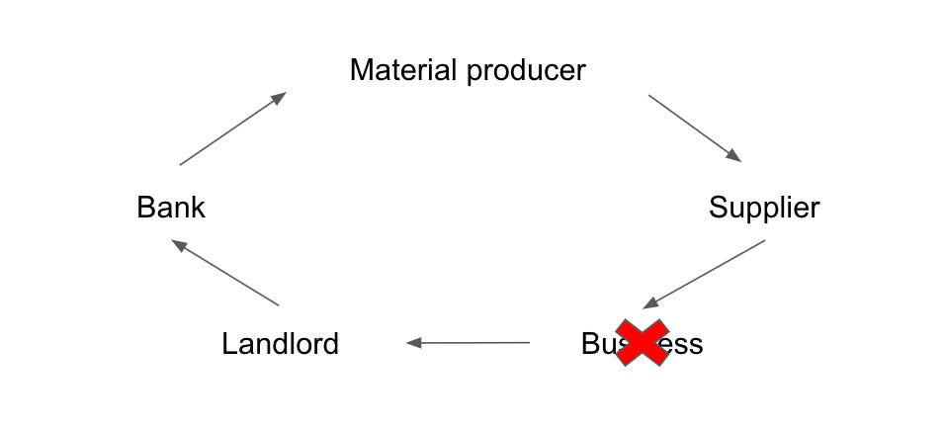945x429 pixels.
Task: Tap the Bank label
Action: pos(171,208)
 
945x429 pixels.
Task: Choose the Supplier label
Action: pos(764,209)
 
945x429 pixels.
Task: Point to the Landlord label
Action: pos(280,344)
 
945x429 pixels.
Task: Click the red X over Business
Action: pos(642,343)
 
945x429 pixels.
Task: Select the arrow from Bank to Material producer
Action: pos(232,129)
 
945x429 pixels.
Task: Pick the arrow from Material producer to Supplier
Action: pos(694,128)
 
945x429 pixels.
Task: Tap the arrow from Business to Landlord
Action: pos(468,343)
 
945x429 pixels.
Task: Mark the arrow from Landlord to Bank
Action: pos(225,273)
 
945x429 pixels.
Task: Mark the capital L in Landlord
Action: pos(228,344)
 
